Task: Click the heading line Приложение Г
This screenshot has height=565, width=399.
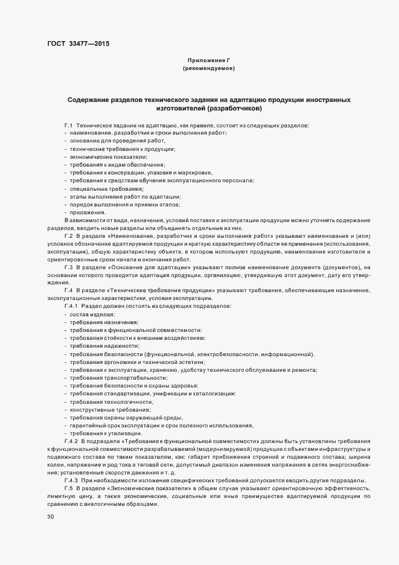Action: (x=209, y=61)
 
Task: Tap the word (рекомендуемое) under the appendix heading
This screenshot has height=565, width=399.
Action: (x=208, y=69)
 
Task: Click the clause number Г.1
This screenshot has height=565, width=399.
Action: (x=68, y=125)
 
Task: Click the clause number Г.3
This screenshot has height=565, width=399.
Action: (x=68, y=266)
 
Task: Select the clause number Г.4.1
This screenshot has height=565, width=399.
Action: (x=71, y=307)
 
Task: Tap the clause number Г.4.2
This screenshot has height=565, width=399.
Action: (x=71, y=442)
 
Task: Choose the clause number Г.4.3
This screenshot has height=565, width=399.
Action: (x=71, y=480)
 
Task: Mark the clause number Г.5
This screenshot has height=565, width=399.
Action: (x=68, y=488)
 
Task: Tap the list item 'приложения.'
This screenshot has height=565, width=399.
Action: (x=88, y=212)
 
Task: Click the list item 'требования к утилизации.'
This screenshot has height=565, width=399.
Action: (x=106, y=433)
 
